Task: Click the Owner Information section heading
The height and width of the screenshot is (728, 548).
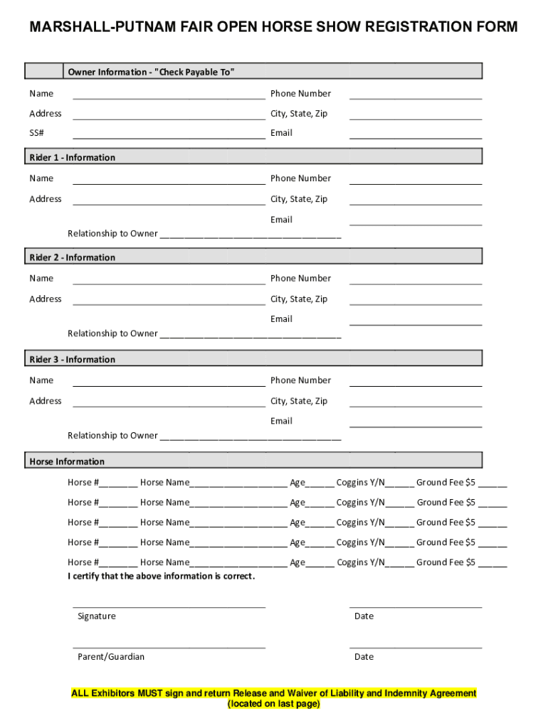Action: point(151,72)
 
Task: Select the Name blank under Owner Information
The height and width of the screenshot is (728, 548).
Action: point(169,97)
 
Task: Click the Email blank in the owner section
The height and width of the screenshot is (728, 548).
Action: point(415,136)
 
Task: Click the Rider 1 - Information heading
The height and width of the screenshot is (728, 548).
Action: point(72,157)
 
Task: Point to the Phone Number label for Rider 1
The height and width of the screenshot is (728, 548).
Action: point(300,178)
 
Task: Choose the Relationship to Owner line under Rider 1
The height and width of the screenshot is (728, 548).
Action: point(249,235)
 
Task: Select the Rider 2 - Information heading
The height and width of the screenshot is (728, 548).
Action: point(72,257)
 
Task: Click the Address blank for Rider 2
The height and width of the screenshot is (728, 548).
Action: point(169,302)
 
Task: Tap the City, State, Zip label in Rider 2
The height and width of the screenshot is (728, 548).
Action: point(299,299)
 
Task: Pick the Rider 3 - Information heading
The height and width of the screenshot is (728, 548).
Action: point(72,359)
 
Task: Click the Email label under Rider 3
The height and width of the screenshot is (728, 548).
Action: point(281,421)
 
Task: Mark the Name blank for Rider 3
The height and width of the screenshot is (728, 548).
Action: point(169,384)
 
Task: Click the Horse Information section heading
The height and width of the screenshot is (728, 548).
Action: point(67,461)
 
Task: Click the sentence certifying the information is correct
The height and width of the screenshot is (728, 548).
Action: point(161,576)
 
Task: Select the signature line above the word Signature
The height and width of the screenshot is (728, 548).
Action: point(169,606)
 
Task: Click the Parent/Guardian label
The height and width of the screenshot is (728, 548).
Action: point(111,656)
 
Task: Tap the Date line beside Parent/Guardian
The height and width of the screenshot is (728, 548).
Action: point(415,647)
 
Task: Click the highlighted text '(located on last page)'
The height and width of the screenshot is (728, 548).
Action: point(273,704)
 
